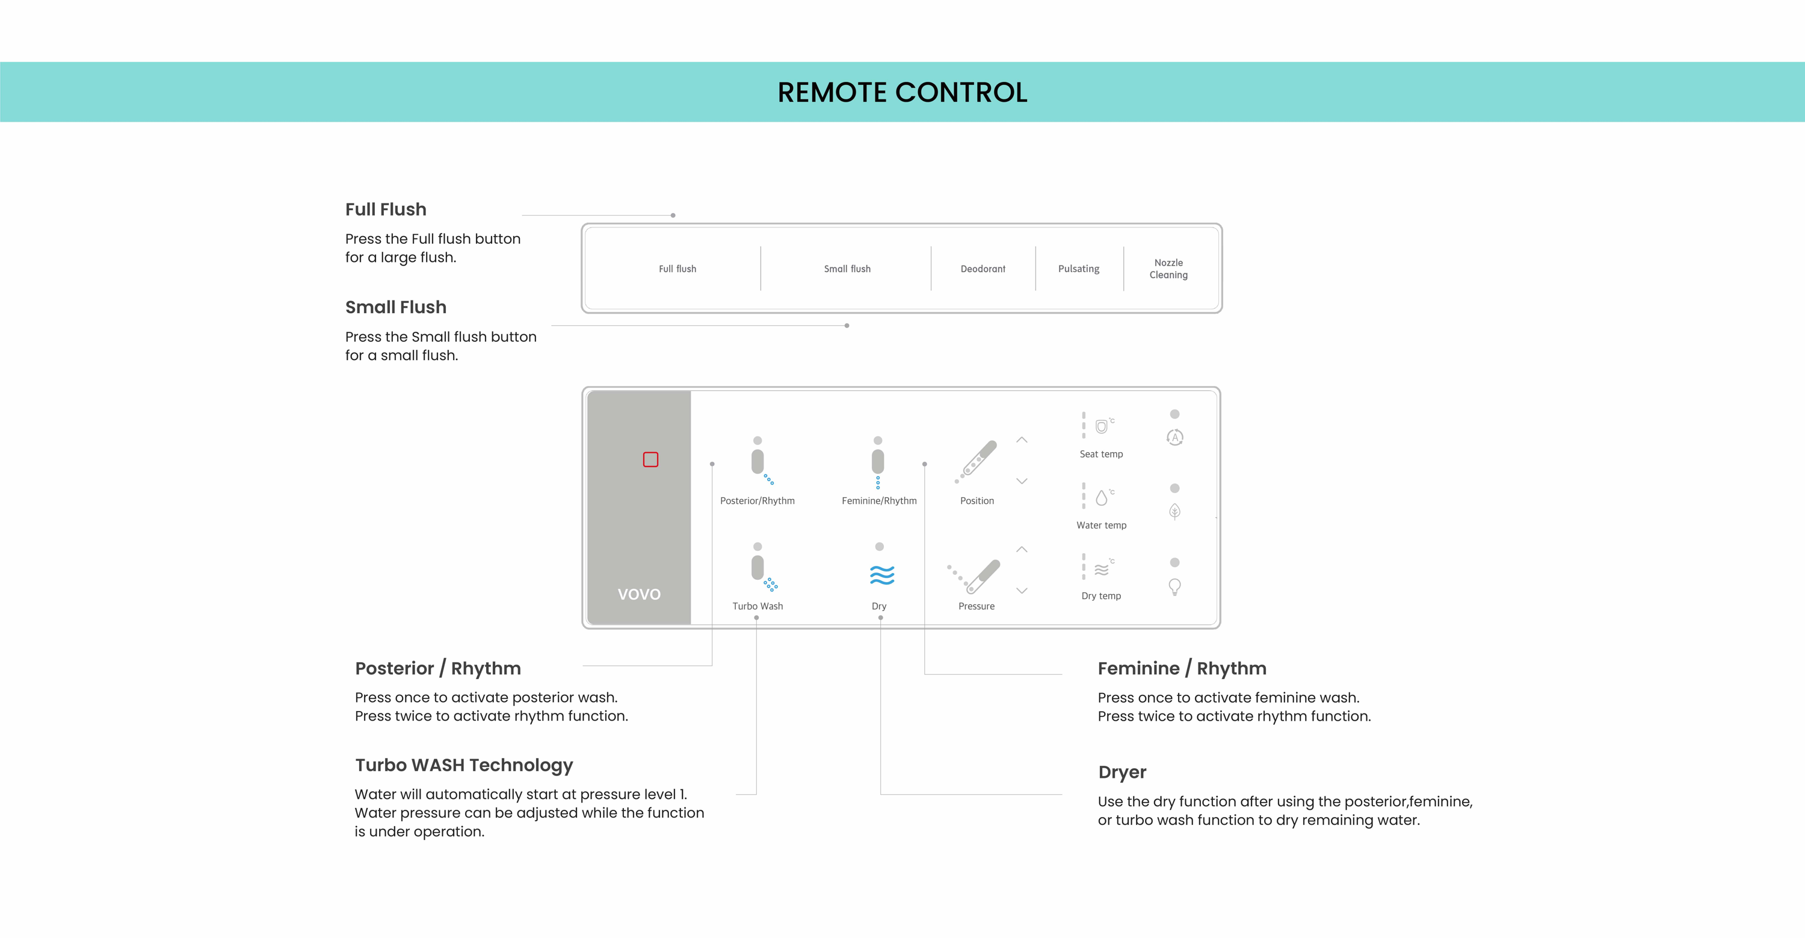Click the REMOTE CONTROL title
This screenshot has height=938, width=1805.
(x=902, y=93)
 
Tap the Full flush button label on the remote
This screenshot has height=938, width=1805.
(x=677, y=269)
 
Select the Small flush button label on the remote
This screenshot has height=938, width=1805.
(x=847, y=269)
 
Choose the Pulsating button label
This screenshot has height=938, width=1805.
(x=1078, y=269)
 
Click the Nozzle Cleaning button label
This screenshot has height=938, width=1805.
(x=1168, y=269)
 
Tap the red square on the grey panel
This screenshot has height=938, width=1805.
(x=650, y=459)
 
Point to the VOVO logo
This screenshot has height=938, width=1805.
(x=639, y=594)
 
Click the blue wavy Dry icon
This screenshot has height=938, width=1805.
(x=881, y=575)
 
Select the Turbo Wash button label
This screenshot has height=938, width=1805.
(x=757, y=606)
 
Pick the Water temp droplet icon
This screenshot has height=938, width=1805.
(x=1102, y=498)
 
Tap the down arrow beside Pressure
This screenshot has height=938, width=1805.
(x=1022, y=591)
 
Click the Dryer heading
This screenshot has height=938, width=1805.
(x=1122, y=772)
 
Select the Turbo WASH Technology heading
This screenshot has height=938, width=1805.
(x=464, y=765)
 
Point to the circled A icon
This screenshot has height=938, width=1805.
(x=1174, y=438)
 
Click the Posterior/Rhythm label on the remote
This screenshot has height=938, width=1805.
(x=757, y=500)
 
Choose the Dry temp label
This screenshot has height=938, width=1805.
(x=1101, y=596)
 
